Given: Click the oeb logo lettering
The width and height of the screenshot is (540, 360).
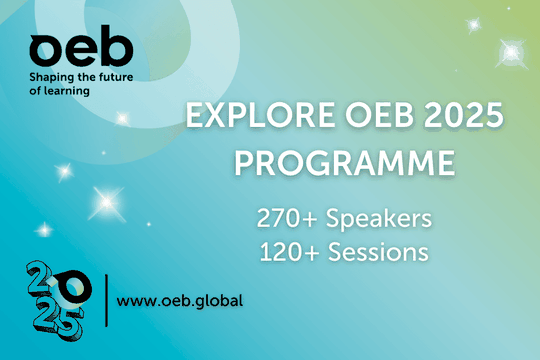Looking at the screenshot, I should pyautogui.click(x=66, y=48).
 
